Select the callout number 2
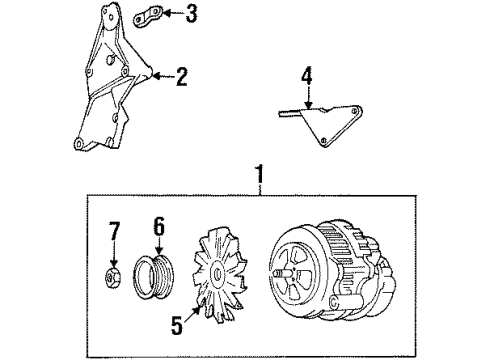181,77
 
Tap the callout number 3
191,14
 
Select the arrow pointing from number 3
172,14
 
